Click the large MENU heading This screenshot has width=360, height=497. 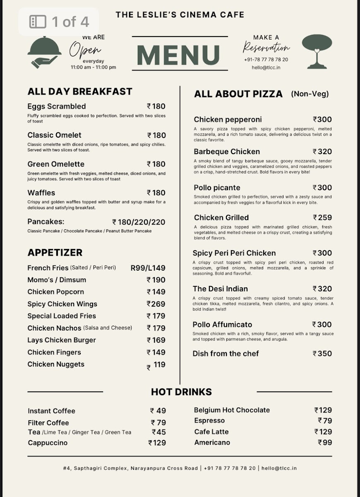pos(180,55)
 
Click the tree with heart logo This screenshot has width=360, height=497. pos(317,51)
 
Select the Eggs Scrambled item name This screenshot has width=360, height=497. pos(57,106)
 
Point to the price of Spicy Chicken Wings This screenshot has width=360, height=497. pos(156,304)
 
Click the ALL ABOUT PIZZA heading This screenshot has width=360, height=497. pos(238,94)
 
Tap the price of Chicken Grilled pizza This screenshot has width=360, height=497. pos(322,217)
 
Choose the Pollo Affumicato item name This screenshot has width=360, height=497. pos(222,325)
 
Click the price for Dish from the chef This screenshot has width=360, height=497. pos(322,354)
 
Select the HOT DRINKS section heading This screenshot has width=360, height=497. pos(181,392)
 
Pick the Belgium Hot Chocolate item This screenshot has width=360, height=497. pos(232,410)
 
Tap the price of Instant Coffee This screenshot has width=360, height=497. pos(158,411)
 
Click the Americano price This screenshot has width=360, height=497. pos(325,442)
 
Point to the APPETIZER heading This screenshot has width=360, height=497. pos(55,253)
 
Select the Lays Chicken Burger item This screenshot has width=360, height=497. pos(62,340)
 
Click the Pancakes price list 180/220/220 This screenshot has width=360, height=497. pos(139,222)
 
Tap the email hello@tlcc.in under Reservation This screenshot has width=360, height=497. pos(266,68)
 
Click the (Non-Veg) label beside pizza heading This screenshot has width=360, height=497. pos(310,94)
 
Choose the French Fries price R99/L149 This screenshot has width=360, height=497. pos(148,268)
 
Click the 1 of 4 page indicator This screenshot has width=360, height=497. pos(59,22)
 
